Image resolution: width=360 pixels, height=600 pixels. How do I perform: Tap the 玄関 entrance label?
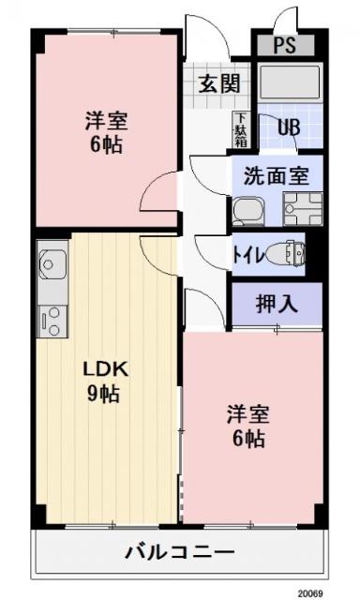pos(218,83)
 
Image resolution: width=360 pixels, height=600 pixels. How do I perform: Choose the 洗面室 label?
pos(277,174)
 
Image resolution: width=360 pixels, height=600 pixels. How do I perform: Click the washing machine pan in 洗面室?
pos(302,209)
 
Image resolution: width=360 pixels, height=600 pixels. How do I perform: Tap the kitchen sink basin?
pos(51,262)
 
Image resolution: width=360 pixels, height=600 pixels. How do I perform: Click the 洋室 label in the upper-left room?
pos(105,121)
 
